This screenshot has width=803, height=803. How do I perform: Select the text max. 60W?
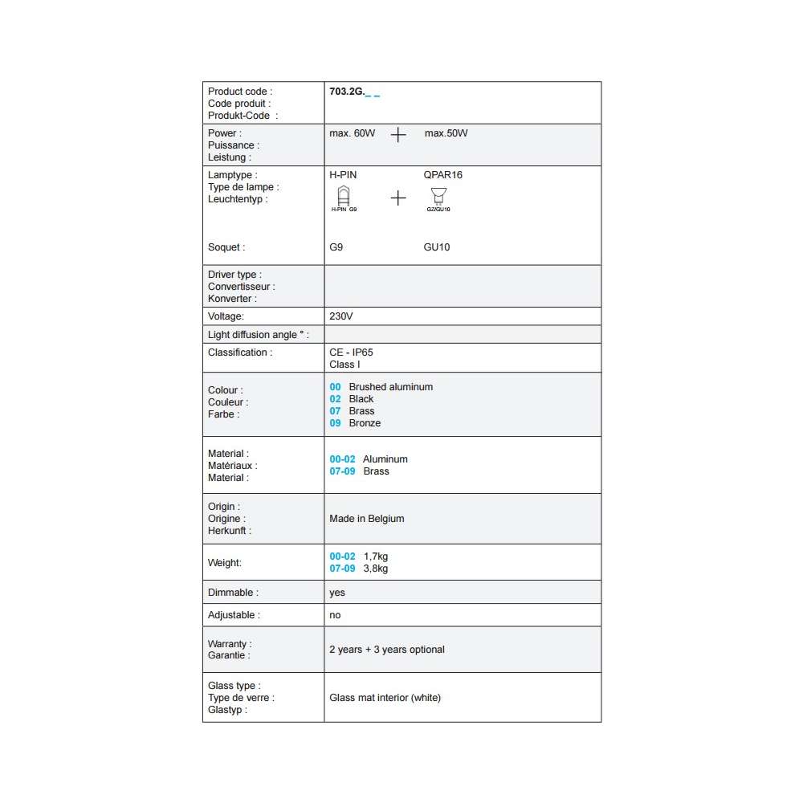tap(352, 133)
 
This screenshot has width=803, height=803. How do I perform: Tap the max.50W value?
tap(446, 133)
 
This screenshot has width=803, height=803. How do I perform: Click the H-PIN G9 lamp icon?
tap(344, 195)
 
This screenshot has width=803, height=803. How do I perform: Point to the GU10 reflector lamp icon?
tap(438, 195)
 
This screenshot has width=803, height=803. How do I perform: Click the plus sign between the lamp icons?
tap(398, 198)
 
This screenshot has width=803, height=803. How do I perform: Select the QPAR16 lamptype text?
tap(442, 175)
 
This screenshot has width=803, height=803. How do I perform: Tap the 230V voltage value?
tap(340, 316)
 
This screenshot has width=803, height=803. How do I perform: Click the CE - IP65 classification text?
tap(351, 353)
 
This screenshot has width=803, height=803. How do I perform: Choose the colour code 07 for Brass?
tap(335, 411)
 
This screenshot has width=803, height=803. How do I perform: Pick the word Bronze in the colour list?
tap(365, 423)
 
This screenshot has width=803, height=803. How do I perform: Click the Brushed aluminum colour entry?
tap(390, 387)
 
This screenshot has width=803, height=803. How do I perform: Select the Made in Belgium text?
tap(366, 519)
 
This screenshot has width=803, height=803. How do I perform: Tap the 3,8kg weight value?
tap(376, 569)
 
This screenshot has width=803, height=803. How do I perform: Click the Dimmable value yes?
tap(337, 593)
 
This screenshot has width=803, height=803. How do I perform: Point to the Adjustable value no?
tap(335, 615)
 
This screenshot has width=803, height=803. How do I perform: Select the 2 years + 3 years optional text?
tap(386, 650)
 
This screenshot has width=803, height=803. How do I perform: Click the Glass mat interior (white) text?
tap(385, 698)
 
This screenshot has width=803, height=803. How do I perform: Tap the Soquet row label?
tap(226, 247)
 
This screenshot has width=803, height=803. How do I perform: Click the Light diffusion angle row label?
tap(258, 335)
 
